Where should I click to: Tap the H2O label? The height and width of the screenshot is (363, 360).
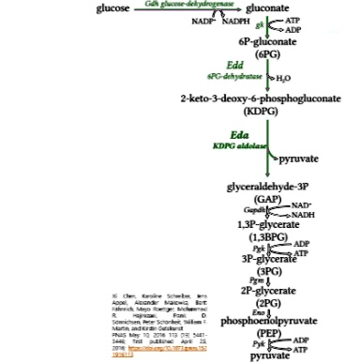click(x=283, y=77)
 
